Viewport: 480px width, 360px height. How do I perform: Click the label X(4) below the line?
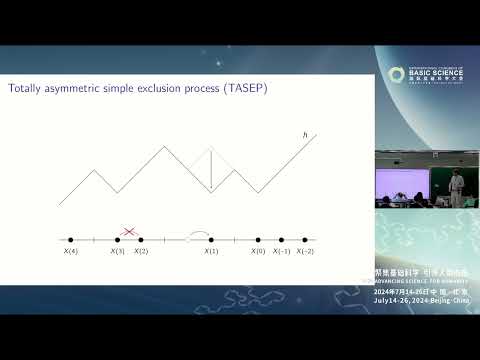click(70, 251)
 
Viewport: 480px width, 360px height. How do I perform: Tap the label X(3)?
click(118, 251)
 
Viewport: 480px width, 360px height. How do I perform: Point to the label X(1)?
click(211, 251)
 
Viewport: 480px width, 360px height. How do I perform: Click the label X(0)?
click(258, 251)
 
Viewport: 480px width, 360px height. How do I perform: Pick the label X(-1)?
click(281, 251)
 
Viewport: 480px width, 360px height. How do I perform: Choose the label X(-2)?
click(305, 251)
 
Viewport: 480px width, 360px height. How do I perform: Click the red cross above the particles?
click(129, 231)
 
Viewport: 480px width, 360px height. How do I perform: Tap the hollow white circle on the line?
click(188, 240)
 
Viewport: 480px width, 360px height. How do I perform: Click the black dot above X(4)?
click(70, 240)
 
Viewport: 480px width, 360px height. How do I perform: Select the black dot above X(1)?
click(211, 240)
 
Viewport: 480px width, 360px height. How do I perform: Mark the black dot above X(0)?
click(258, 240)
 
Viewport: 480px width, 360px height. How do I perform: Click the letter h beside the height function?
click(304, 135)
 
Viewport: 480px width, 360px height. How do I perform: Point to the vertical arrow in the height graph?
click(210, 170)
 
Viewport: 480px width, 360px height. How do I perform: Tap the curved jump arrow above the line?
click(200, 234)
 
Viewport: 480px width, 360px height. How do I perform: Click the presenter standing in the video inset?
click(457, 185)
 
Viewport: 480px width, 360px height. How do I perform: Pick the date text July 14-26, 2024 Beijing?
click(420, 299)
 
